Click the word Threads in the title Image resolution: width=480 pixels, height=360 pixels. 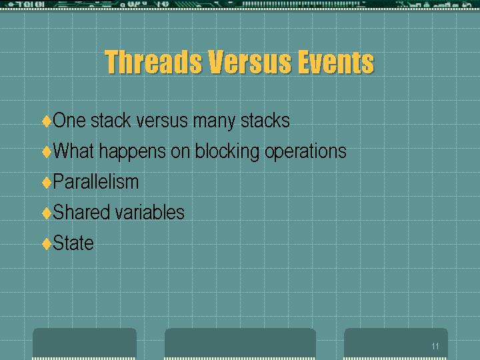(153, 61)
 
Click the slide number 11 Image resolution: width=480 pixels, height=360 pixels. (435, 346)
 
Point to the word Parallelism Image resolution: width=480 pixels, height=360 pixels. (96, 181)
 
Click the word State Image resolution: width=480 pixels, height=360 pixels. (73, 243)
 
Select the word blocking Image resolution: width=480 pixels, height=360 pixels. (227, 151)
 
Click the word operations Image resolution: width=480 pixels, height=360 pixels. (305, 151)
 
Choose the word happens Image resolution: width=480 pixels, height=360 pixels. (133, 151)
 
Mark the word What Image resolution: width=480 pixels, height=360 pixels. (73, 151)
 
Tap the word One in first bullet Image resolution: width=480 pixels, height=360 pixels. (69, 120)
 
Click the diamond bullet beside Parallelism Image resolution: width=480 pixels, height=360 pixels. (47, 183)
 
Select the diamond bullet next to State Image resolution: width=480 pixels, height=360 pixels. (47, 244)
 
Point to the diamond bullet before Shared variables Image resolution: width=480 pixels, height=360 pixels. (47, 213)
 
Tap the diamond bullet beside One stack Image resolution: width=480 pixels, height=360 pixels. (47, 121)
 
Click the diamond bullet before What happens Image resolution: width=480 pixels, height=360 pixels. (47, 151)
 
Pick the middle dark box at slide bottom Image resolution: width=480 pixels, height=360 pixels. (240, 343)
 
